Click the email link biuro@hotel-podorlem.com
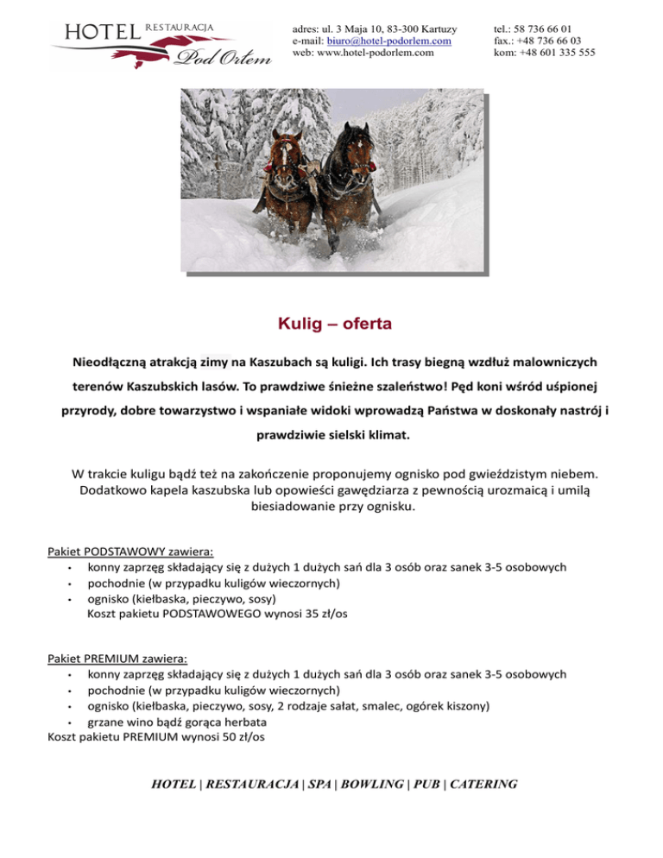[x=389, y=41]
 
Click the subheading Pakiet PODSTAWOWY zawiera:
[x=130, y=552]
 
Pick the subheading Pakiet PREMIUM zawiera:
[x=118, y=660]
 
